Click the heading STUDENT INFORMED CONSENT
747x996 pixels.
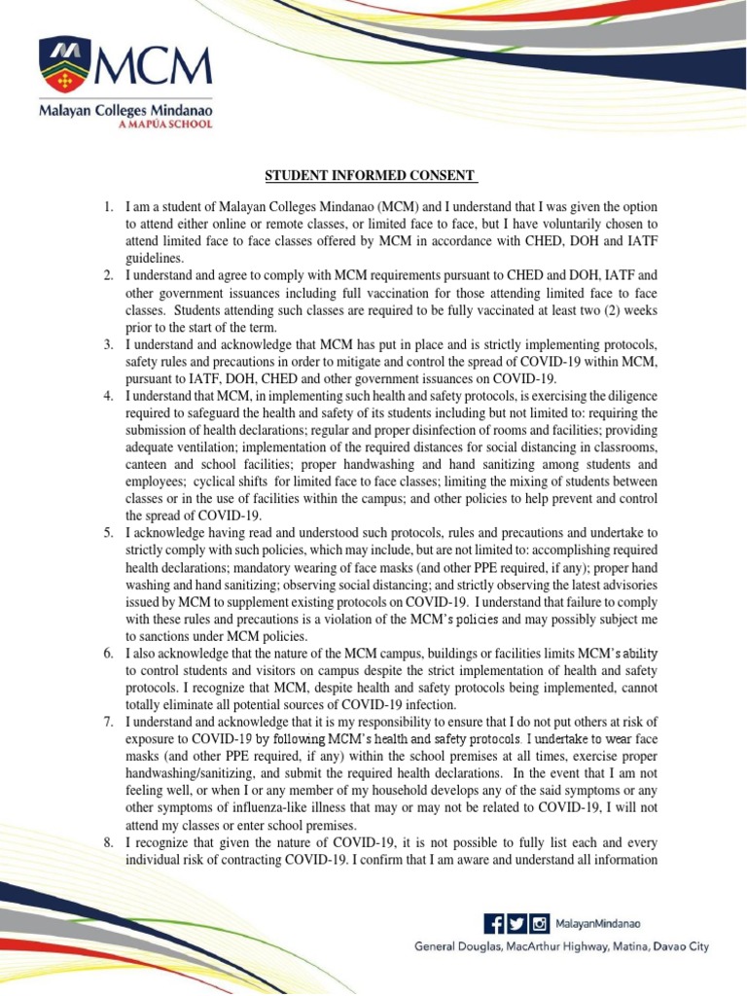(x=373, y=176)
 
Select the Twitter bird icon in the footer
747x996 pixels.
(x=516, y=922)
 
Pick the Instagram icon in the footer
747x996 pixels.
(x=538, y=922)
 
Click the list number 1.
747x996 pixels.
(x=109, y=208)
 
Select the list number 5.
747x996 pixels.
(x=109, y=533)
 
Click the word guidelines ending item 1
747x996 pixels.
(x=156, y=260)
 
